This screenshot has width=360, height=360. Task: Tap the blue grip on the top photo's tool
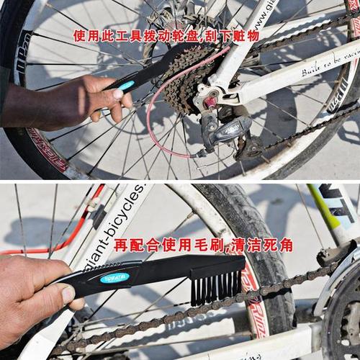125,86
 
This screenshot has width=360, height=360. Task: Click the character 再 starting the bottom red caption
120,245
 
